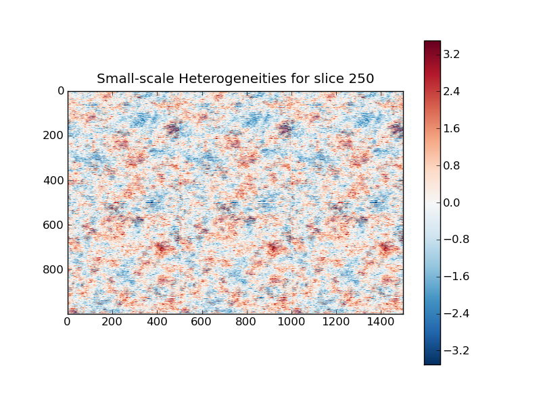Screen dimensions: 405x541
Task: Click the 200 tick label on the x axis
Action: pyautogui.click(x=112, y=323)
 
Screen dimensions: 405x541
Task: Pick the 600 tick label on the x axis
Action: pyautogui.click(x=202, y=323)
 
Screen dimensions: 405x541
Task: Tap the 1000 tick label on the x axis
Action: pyautogui.click(x=291, y=323)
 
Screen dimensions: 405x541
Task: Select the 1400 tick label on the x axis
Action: pyautogui.click(x=381, y=323)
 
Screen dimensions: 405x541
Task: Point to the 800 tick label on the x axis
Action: pyautogui.click(x=246, y=323)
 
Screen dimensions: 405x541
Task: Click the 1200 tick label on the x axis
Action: pyautogui.click(x=336, y=323)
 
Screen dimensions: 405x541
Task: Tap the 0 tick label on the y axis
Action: pyautogui.click(x=60, y=90)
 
